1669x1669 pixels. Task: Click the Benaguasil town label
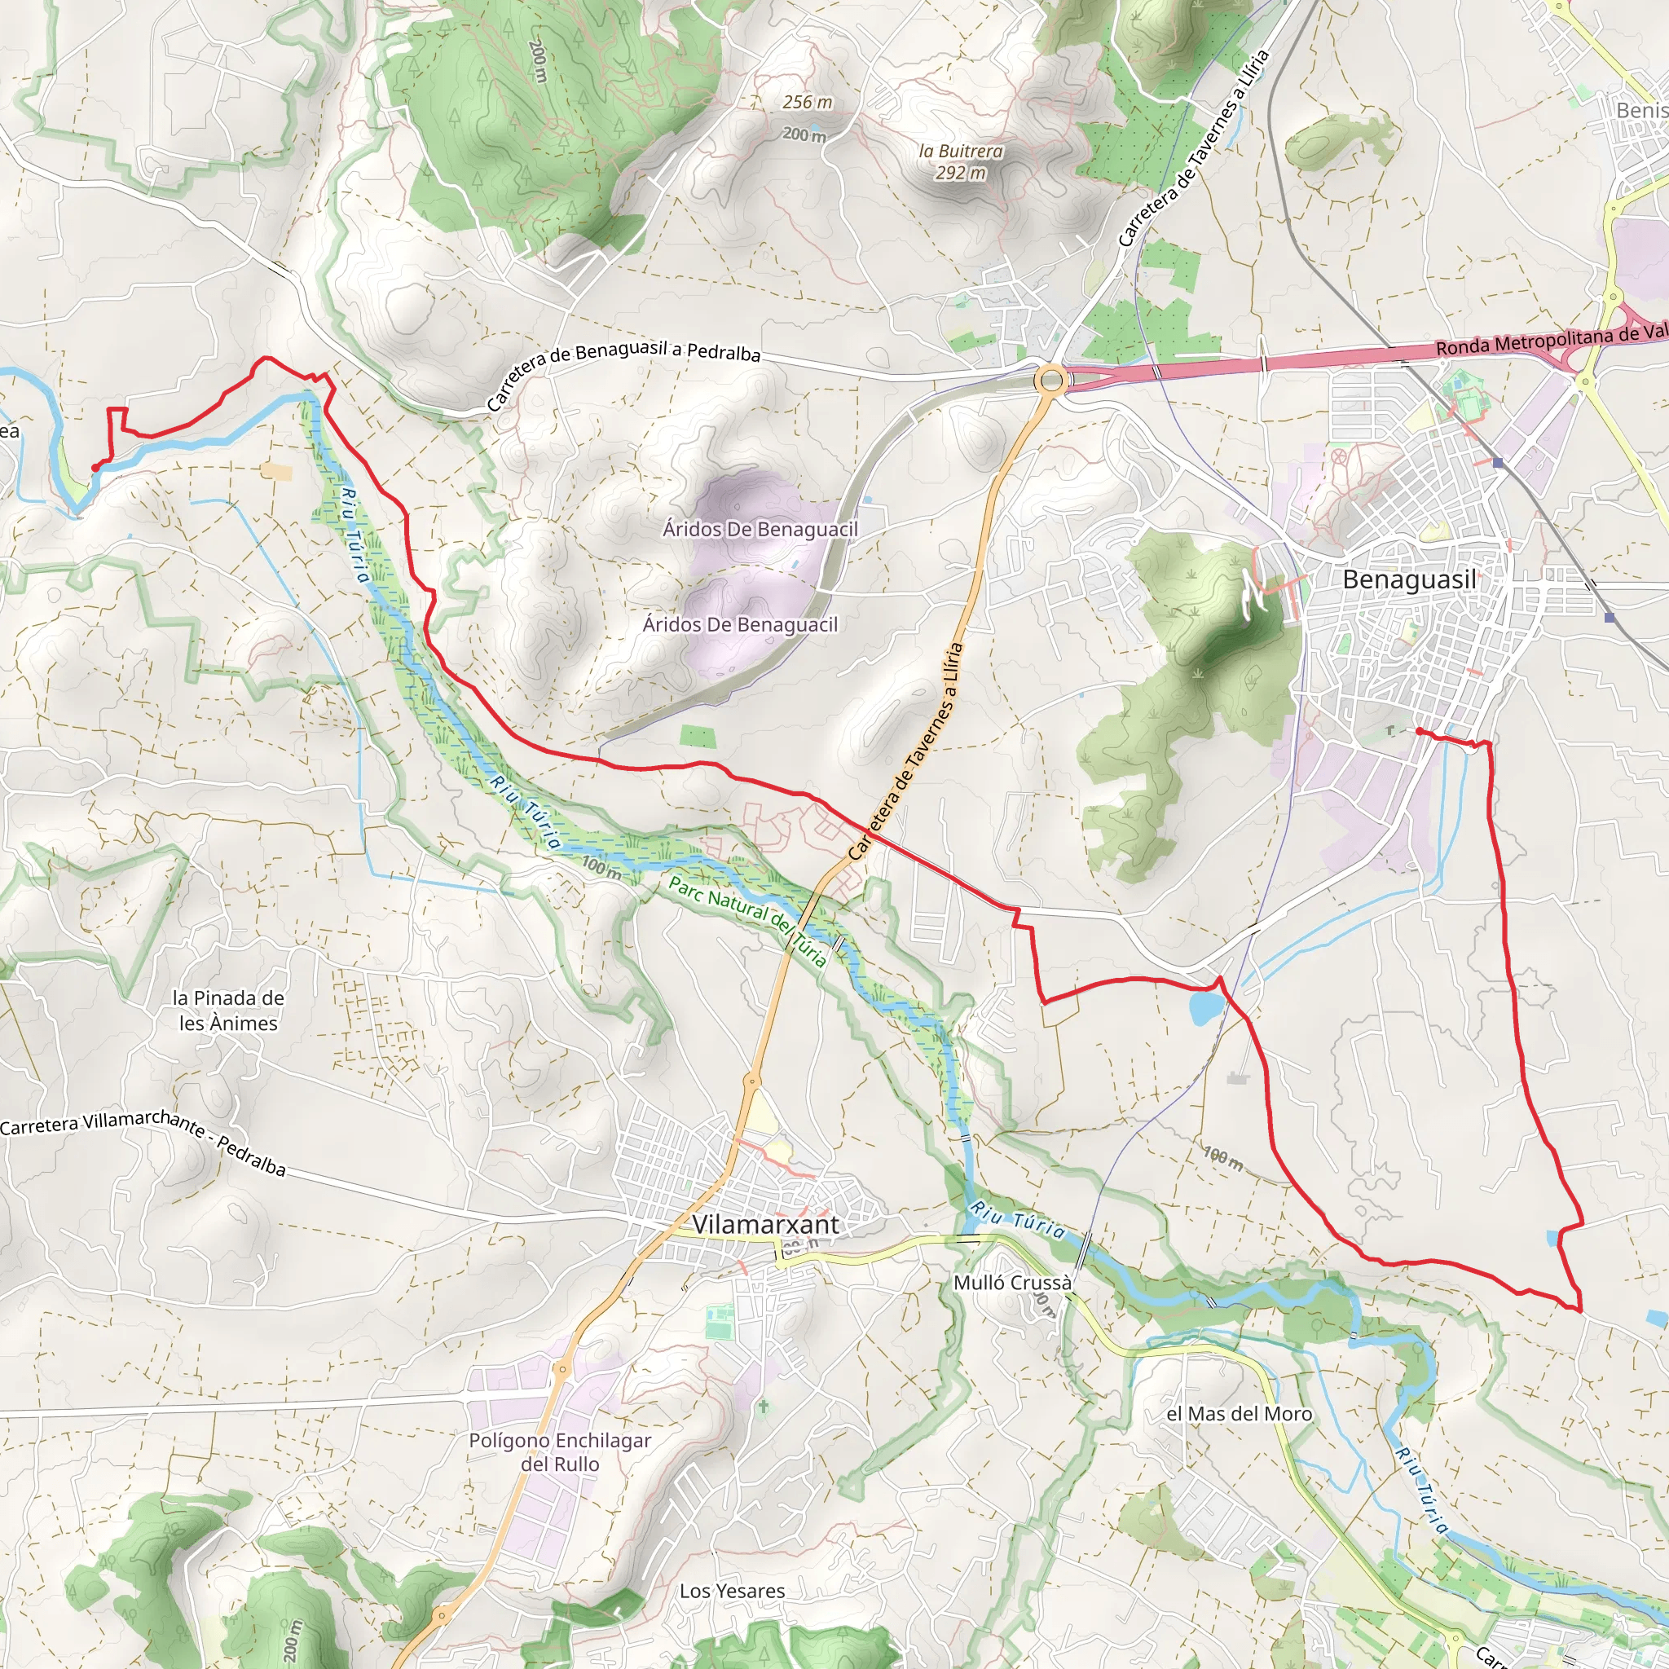[1409, 579]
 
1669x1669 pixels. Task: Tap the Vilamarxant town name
[765, 1224]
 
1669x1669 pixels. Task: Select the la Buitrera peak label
[961, 161]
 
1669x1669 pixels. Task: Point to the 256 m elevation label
[808, 102]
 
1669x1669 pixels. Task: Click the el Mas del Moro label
[1239, 1414]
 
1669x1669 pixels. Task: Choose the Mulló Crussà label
[1012, 1283]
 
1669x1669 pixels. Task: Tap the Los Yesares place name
[732, 1592]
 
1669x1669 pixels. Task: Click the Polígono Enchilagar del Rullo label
[560, 1452]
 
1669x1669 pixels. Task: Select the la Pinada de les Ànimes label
[228, 1011]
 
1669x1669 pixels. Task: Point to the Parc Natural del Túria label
[748, 921]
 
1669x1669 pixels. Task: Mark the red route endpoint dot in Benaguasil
[1420, 732]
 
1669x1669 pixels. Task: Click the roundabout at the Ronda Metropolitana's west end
[1051, 379]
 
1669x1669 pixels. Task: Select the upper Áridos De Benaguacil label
[760, 529]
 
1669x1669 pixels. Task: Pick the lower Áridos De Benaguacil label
[740, 624]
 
